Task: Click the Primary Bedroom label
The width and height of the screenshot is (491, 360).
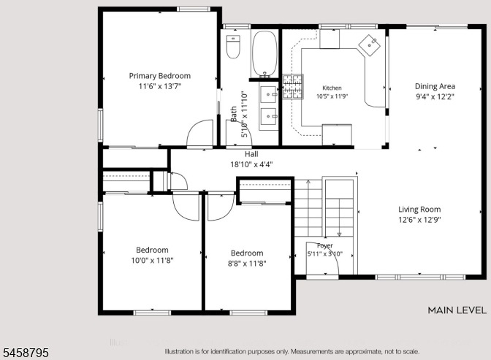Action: tap(160, 76)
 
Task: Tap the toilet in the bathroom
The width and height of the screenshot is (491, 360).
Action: tap(233, 47)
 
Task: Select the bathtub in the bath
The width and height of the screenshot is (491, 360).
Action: tap(264, 54)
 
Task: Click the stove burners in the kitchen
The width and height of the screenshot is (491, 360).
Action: tap(293, 86)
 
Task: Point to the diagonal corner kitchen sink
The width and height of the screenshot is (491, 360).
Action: tap(370, 46)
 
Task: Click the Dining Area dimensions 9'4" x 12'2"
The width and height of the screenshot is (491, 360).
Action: tap(435, 96)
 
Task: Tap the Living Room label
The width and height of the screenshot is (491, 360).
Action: tap(419, 210)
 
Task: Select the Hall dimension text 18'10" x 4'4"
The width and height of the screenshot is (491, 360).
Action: tap(251, 164)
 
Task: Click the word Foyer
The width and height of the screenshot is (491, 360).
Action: tap(324, 246)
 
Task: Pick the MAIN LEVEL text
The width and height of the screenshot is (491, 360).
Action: tap(457, 310)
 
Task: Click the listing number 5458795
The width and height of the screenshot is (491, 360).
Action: tap(24, 353)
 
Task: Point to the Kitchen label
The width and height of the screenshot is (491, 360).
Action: tap(332, 88)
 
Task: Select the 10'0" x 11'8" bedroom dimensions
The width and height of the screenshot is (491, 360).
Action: tap(152, 260)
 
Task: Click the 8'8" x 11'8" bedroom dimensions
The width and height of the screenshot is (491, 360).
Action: tap(247, 264)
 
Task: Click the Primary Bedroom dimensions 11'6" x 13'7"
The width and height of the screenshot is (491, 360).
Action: tap(160, 86)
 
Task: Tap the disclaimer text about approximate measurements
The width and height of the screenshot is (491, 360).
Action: tap(292, 351)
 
